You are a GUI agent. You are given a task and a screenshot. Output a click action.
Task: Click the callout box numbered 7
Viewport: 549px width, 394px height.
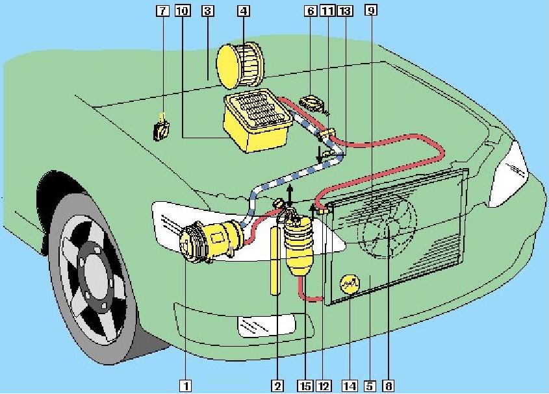pos(162,10)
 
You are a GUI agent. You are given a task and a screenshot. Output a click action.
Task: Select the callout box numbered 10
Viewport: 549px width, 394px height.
pos(182,10)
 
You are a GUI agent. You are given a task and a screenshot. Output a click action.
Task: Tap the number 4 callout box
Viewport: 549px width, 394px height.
pos(244,10)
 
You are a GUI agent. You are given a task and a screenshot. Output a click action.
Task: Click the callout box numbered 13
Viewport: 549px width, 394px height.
pos(344,10)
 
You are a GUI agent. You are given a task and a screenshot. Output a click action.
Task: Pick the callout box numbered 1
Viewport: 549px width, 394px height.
pos(186,386)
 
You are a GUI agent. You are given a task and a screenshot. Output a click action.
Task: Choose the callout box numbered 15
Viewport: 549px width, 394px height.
pos(305,386)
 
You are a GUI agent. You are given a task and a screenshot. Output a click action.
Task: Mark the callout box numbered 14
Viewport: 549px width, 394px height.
pos(350,386)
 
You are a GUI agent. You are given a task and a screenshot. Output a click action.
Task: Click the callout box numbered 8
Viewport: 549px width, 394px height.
pos(389,386)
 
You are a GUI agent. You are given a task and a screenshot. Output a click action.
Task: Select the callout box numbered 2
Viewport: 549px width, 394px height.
pos(277,386)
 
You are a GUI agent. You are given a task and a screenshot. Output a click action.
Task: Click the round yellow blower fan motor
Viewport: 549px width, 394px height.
pos(240,65)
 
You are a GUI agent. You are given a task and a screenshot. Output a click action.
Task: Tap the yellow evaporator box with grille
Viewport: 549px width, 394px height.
pos(258,121)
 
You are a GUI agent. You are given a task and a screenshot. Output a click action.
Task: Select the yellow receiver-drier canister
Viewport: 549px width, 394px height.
pos(300,247)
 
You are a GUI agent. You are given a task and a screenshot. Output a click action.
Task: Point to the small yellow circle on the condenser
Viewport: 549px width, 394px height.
pos(350,284)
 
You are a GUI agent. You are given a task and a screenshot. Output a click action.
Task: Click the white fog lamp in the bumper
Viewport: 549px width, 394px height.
pos(267,325)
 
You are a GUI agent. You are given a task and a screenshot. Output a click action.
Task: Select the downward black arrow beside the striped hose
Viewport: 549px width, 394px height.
pos(319,154)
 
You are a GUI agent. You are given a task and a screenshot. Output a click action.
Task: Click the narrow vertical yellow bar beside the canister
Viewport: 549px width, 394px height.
pos(275,261)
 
